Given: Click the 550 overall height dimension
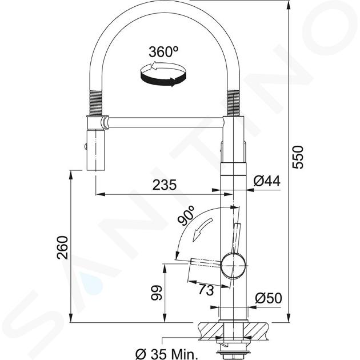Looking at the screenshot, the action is [298, 157].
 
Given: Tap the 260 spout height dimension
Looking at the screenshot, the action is [63, 247].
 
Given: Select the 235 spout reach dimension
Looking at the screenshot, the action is [165, 185].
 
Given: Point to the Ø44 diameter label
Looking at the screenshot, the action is [267, 181].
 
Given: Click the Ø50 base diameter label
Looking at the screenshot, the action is [269, 298].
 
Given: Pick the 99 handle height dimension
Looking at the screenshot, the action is [157, 293].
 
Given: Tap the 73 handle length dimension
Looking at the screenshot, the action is [206, 290].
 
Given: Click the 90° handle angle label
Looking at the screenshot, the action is [186, 216].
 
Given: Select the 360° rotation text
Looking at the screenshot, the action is [163, 51].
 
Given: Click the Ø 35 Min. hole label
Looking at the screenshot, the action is [166, 355].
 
